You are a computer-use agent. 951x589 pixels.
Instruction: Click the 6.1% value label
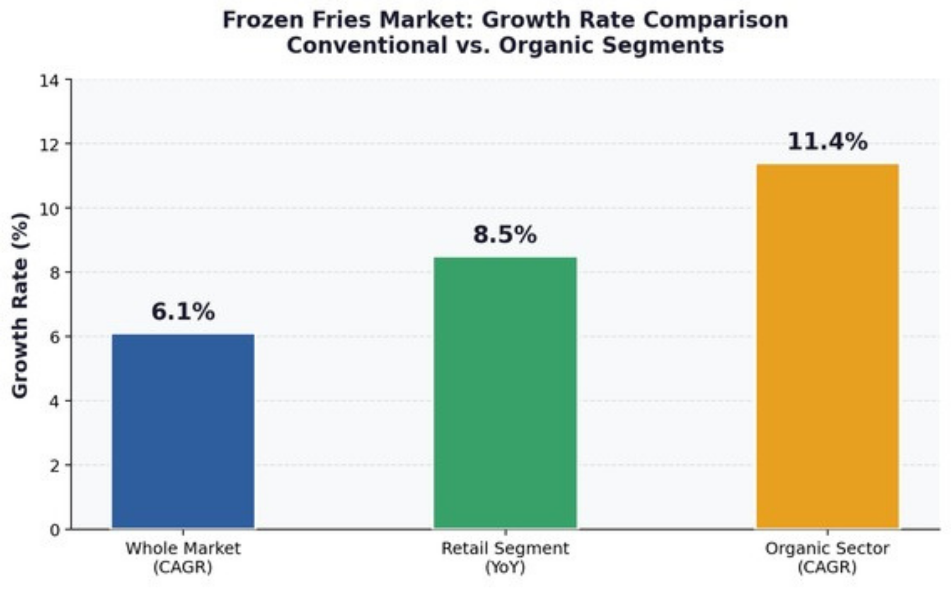tap(183, 311)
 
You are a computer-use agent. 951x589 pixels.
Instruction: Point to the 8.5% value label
tap(505, 234)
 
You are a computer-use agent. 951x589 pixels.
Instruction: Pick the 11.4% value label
tap(828, 142)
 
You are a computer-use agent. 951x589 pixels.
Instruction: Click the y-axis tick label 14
tap(50, 80)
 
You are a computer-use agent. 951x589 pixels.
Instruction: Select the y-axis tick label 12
tap(50, 144)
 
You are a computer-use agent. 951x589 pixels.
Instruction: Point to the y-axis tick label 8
tap(55, 273)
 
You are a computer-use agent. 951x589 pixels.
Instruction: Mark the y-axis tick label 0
tap(55, 530)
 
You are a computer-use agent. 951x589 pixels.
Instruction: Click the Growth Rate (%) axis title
tap(20, 305)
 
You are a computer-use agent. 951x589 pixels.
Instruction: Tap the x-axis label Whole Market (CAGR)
tap(183, 557)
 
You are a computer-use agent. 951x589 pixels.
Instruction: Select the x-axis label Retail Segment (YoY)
tap(505, 557)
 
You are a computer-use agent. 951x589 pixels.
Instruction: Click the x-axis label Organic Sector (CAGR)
tap(827, 557)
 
